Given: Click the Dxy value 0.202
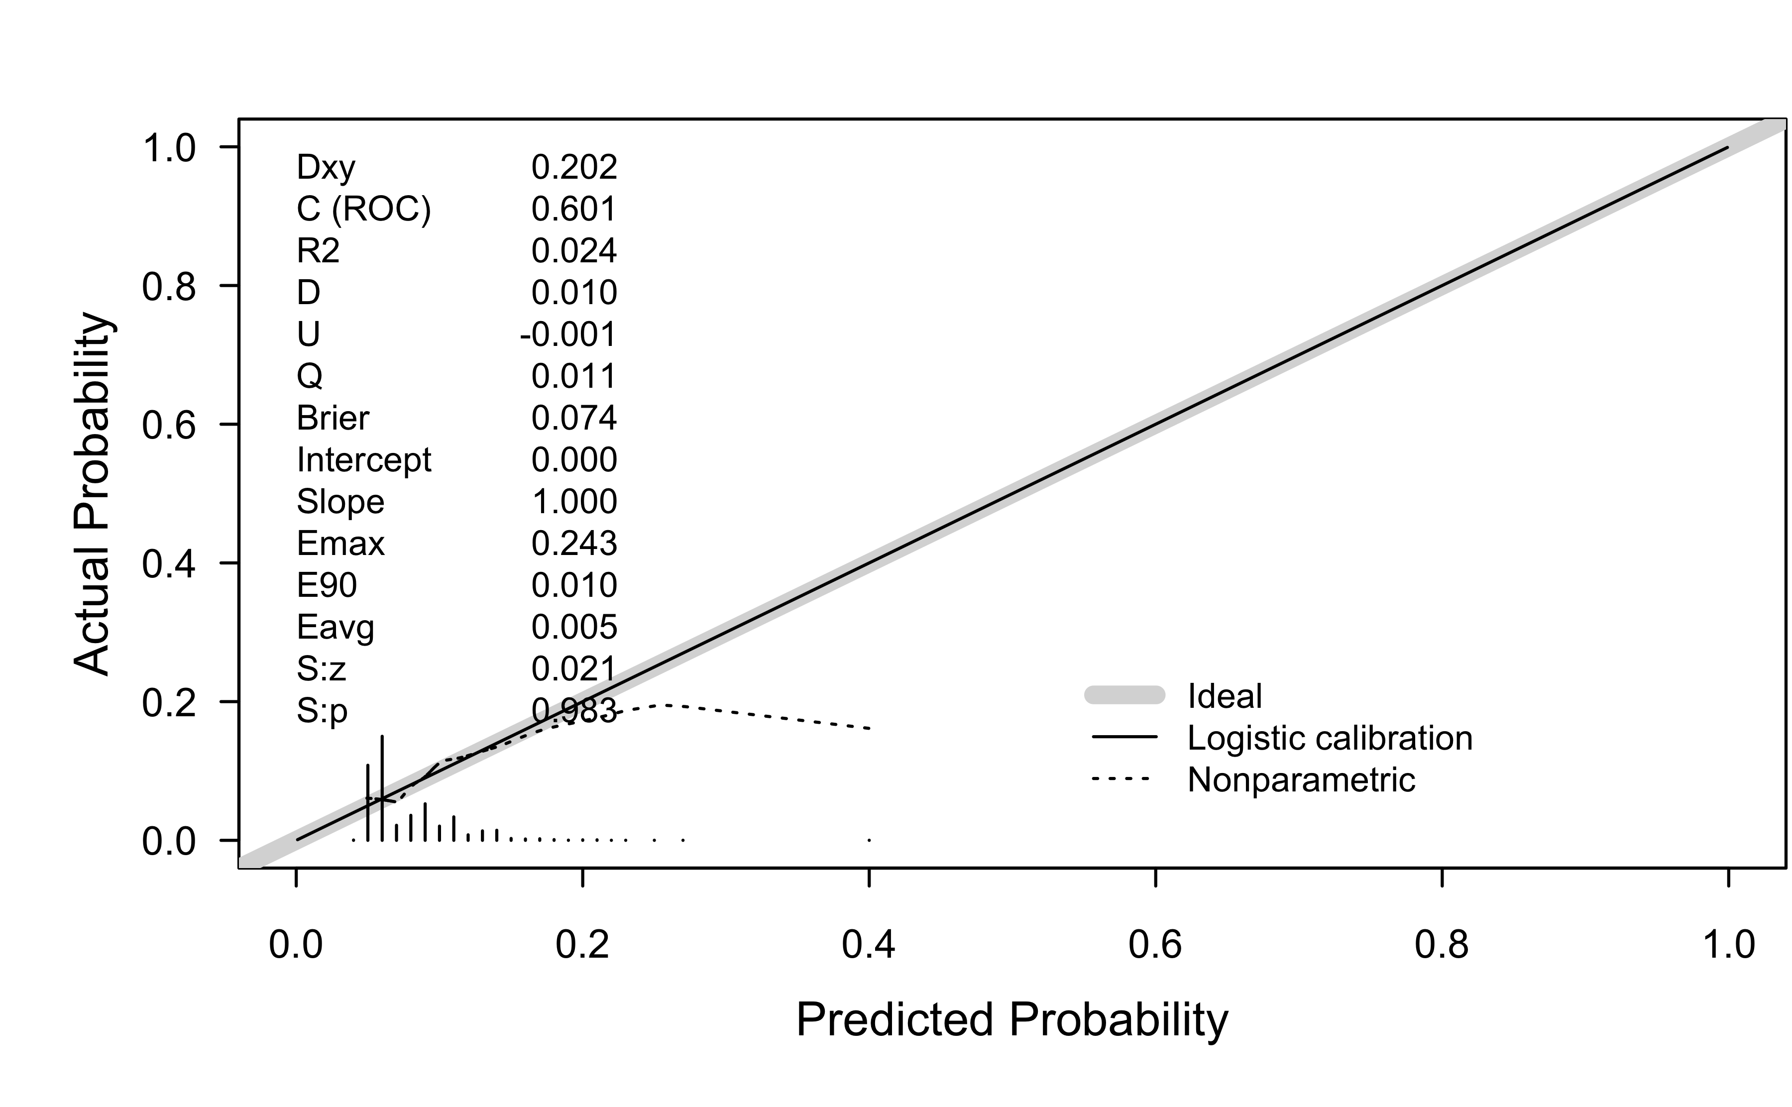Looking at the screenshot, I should [574, 168].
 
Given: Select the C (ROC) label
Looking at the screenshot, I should [363, 210].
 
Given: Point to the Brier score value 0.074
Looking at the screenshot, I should [574, 418].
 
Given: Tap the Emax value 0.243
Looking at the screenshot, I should [574, 543].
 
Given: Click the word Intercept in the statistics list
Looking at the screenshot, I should [363, 460].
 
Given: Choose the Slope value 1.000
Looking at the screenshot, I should [574, 502].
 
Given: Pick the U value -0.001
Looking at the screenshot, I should [568, 334].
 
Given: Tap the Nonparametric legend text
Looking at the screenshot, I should [1301, 780].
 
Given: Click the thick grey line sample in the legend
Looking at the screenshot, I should [1124, 695].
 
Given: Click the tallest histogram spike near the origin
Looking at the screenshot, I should [381, 787].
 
